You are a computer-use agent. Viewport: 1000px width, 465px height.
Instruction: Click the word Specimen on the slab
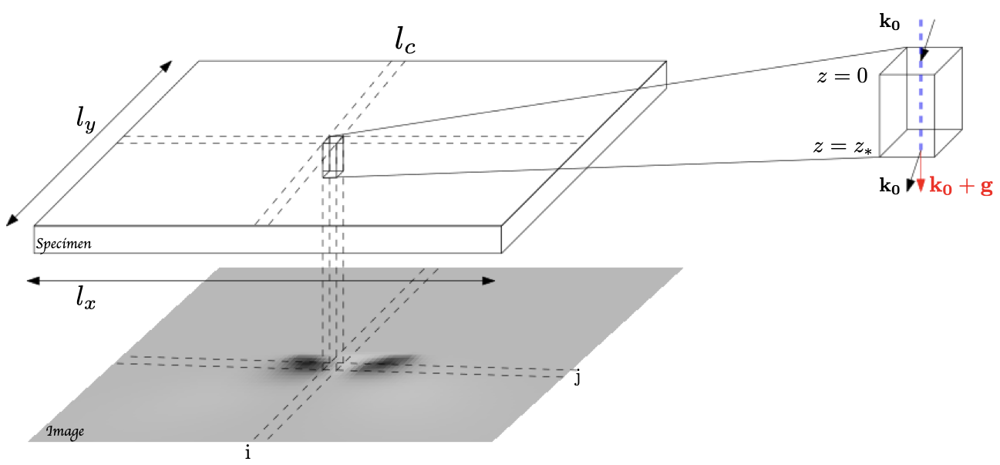[x=63, y=244]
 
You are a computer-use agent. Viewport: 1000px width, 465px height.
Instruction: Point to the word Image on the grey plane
[x=65, y=431]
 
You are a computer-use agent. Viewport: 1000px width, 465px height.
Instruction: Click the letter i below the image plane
[x=247, y=453]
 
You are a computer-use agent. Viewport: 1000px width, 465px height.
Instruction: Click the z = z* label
[x=840, y=147]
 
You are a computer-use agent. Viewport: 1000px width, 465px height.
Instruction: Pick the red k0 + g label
[x=961, y=186]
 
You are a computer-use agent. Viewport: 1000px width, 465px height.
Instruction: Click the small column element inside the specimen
[x=333, y=157]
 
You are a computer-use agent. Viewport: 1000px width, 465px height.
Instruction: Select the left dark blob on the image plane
[x=305, y=362]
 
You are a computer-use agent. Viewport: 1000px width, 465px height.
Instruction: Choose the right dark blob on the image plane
[x=380, y=362]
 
